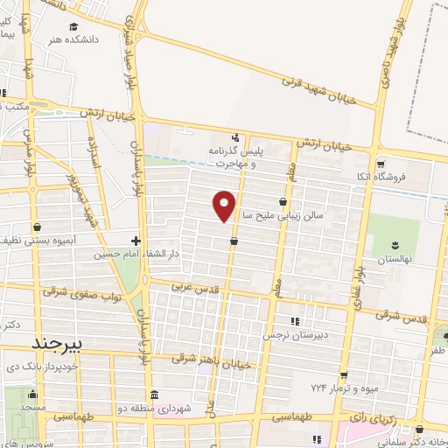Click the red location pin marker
[225, 205]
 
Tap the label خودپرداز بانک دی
[43, 364]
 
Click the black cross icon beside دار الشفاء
[136, 241]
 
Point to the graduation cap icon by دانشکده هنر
[74, 26]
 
